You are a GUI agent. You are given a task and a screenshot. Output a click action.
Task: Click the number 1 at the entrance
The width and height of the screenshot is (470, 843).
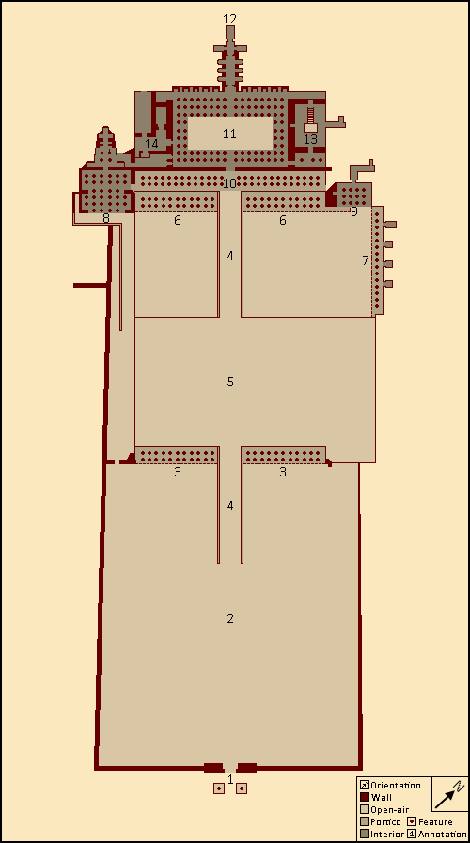pyautogui.click(x=230, y=779)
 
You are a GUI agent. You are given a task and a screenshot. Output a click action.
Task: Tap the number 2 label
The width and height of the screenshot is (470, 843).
pyautogui.click(x=230, y=618)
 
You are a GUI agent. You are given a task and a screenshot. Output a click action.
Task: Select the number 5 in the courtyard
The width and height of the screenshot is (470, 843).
pyautogui.click(x=230, y=382)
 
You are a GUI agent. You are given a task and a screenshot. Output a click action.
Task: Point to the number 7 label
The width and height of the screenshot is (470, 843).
pyautogui.click(x=365, y=260)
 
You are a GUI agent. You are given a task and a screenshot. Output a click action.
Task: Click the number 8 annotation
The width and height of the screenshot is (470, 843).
pyautogui.click(x=106, y=218)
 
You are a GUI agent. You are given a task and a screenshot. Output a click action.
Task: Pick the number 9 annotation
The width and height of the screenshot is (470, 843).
pyautogui.click(x=353, y=211)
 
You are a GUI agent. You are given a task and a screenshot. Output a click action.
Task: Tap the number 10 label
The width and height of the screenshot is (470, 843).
pyautogui.click(x=229, y=183)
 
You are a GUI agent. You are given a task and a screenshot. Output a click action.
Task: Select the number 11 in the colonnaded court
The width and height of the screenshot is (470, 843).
pyautogui.click(x=229, y=133)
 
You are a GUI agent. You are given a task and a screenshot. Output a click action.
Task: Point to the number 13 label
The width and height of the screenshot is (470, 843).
pyautogui.click(x=310, y=139)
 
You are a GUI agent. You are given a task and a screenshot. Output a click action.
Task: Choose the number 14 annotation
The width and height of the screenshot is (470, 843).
pyautogui.click(x=151, y=144)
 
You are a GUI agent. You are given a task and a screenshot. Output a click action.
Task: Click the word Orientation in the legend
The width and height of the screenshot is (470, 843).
pyautogui.click(x=395, y=786)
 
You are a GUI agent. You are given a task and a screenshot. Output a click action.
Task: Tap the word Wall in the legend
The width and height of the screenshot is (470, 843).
pyautogui.click(x=382, y=798)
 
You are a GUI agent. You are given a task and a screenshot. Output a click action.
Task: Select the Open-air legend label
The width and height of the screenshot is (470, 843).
pyautogui.click(x=389, y=810)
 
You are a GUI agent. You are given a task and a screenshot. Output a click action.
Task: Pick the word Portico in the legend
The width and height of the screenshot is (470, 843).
pyautogui.click(x=385, y=822)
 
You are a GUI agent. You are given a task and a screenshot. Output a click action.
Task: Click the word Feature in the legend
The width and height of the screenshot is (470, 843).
pyautogui.click(x=435, y=822)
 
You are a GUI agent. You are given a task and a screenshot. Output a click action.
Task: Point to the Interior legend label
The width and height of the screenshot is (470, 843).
pyautogui.click(x=386, y=835)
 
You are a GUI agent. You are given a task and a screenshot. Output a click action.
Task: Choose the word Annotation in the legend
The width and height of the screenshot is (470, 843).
pyautogui.click(x=442, y=835)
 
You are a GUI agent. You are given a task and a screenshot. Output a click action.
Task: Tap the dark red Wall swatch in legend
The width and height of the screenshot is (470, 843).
pyautogui.click(x=365, y=798)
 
